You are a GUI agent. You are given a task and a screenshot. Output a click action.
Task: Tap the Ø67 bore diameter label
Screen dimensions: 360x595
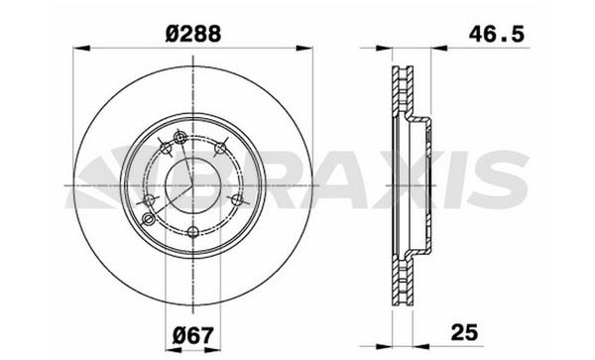tap(192, 332)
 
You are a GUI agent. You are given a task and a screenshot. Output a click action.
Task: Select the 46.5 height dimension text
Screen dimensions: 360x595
tap(496, 32)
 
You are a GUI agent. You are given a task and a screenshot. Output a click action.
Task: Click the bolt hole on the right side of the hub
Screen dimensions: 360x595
tap(235, 200)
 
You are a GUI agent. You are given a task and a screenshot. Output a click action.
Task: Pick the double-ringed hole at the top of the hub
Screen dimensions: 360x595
tap(178, 138)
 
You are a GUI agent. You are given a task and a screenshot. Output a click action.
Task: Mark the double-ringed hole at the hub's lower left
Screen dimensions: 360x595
tap(151, 201)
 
